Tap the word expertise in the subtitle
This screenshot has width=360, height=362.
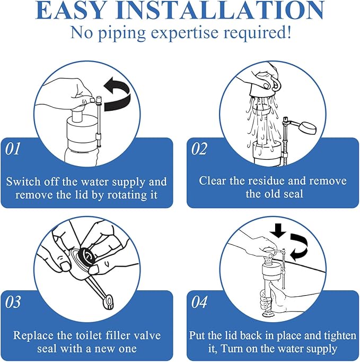(x=180, y=33)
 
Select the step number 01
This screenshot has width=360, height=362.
(x=13, y=150)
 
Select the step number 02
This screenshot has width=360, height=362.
(x=199, y=150)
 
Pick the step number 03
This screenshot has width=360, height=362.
(x=13, y=302)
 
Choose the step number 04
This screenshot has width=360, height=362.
(x=199, y=302)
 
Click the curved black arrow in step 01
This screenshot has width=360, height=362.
(x=118, y=94)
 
